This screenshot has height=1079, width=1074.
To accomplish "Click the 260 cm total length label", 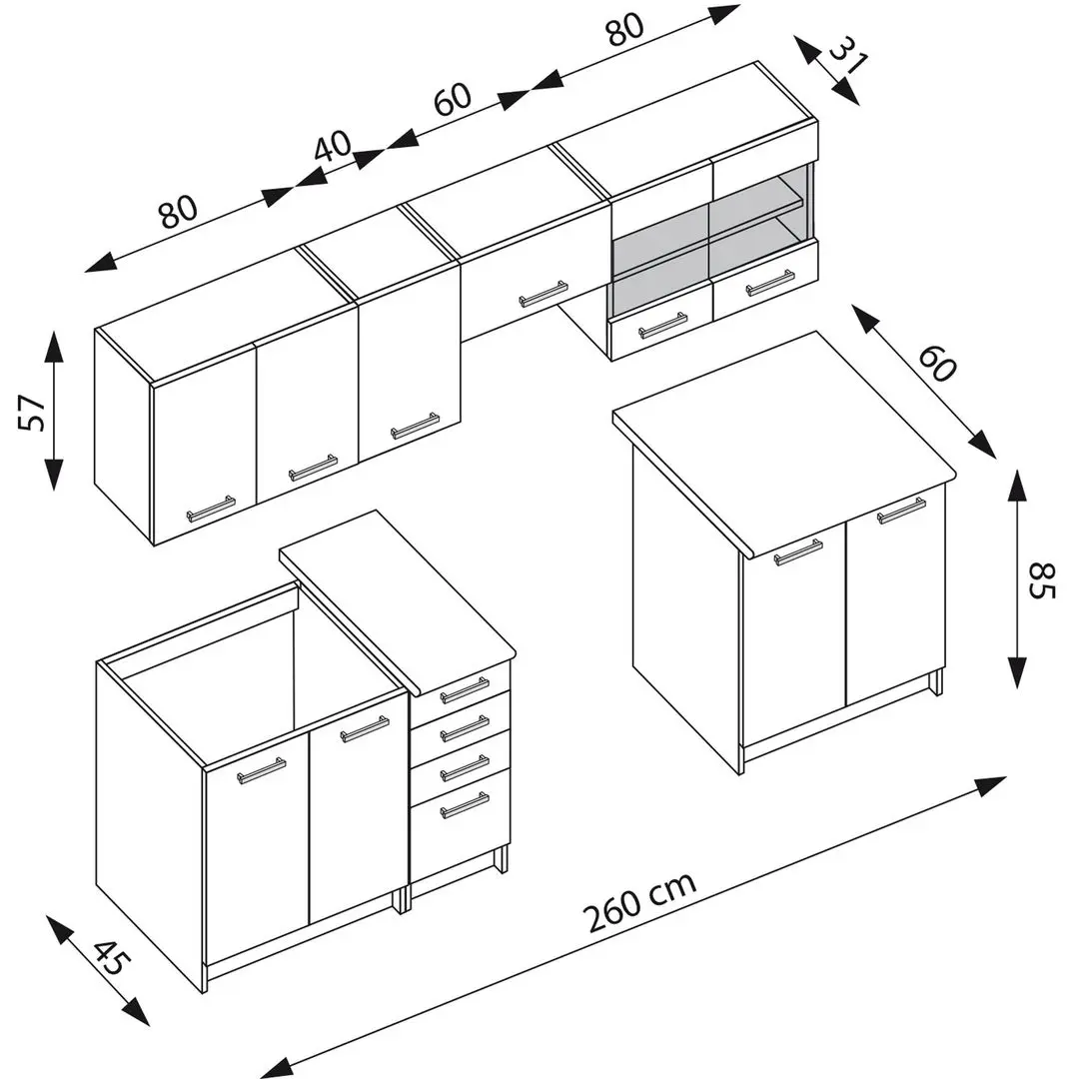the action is pyautogui.click(x=639, y=900).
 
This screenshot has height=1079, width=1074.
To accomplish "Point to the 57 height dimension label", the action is pyautogui.click(x=32, y=413).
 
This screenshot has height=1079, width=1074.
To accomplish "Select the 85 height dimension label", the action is pyautogui.click(x=1041, y=580).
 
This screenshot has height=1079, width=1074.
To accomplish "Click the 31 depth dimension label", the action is pyautogui.click(x=848, y=54).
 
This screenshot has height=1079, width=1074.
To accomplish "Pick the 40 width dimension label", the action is pyautogui.click(x=333, y=145).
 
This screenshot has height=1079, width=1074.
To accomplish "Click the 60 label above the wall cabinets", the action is pyautogui.click(x=453, y=98).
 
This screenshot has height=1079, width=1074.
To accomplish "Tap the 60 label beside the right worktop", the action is pyautogui.click(x=937, y=364).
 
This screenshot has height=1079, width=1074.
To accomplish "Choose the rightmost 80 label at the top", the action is pyautogui.click(x=624, y=29).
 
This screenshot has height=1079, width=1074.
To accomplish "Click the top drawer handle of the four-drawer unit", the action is pyautogui.click(x=466, y=690).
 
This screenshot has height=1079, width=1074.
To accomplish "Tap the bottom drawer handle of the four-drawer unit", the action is pyautogui.click(x=466, y=805).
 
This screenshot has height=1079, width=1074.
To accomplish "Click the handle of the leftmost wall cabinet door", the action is pyautogui.click(x=211, y=509).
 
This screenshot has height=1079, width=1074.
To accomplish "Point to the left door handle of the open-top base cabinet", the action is pyautogui.click(x=262, y=770).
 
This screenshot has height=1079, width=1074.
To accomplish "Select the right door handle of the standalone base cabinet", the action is pyautogui.click(x=901, y=511).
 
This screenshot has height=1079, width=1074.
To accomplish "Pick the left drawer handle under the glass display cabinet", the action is pyautogui.click(x=662, y=326).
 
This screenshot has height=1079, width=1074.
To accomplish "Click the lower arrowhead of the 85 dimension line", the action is pyautogui.click(x=1017, y=672).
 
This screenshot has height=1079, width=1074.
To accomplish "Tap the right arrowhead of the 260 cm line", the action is pyautogui.click(x=991, y=786).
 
